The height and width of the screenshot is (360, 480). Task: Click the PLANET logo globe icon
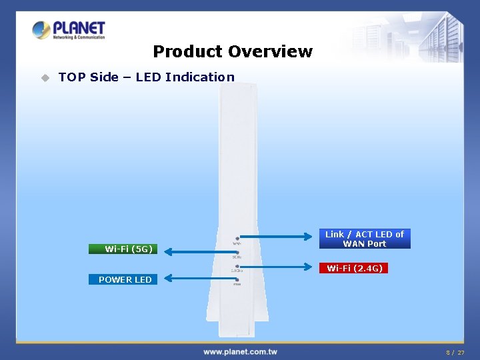tap(41, 30)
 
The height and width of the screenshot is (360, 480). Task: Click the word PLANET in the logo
tap(79, 27)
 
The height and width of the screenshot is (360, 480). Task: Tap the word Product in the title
tap(187, 51)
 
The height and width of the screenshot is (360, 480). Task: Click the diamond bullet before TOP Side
tap(45, 77)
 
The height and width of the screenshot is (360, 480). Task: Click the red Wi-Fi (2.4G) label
tap(354, 268)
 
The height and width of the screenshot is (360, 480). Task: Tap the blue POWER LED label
tap(125, 279)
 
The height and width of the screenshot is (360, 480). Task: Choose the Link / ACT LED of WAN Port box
tap(364, 239)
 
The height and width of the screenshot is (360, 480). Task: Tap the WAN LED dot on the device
tap(237, 238)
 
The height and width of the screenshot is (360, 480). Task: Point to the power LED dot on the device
tap(237, 279)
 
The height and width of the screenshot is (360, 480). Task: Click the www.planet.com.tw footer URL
tap(240, 351)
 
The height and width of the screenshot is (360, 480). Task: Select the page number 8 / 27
tap(455, 352)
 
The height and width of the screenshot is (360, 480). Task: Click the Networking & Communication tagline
tap(79, 37)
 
